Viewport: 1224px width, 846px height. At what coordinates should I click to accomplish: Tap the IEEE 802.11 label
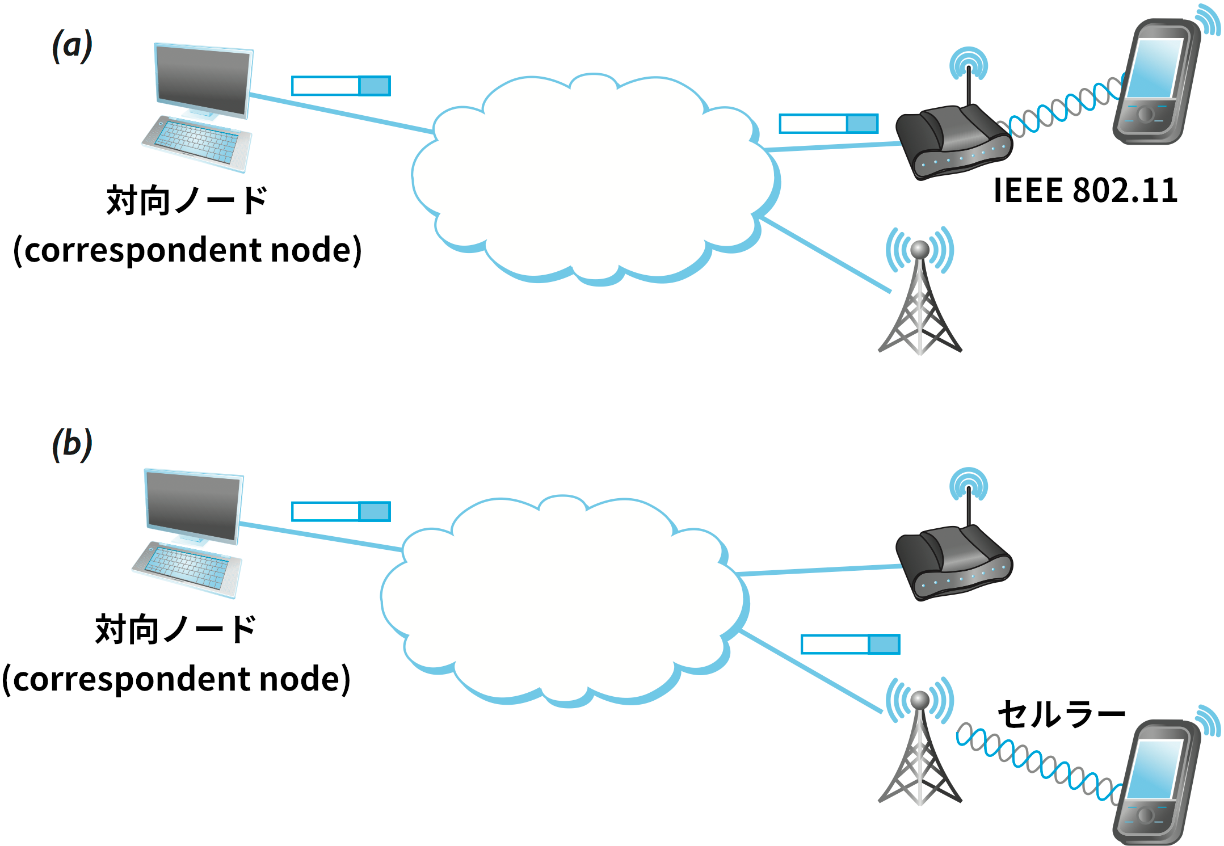[x=1085, y=191]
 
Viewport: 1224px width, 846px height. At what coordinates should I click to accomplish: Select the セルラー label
[x=1061, y=714]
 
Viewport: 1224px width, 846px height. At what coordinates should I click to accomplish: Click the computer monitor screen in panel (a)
[x=203, y=80]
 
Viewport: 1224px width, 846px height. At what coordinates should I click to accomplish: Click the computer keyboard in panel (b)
[x=187, y=568]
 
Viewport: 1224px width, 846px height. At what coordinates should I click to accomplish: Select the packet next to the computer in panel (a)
[x=340, y=86]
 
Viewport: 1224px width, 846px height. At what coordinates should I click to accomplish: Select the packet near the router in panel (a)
[x=828, y=124]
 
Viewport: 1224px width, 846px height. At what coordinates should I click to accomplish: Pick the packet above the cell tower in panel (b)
[x=850, y=645]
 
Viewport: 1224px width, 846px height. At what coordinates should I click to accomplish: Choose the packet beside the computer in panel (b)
[x=340, y=512]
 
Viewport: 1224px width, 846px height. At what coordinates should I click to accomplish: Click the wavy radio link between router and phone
[x=1061, y=108]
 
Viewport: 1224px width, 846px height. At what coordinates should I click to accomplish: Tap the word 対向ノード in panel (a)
[x=187, y=200]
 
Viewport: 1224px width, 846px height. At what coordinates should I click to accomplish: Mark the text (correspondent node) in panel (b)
[x=176, y=679]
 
